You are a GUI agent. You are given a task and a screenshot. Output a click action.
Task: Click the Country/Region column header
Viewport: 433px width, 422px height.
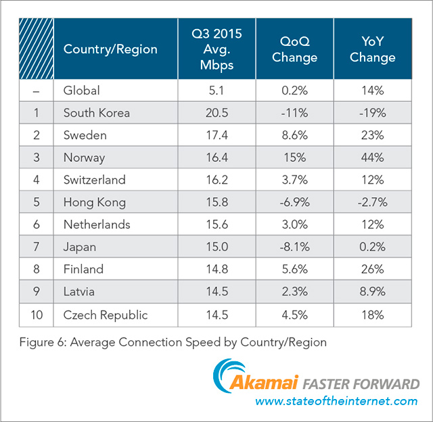tap(110, 49)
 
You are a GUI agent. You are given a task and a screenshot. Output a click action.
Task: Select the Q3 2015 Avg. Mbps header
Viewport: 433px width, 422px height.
tap(217, 49)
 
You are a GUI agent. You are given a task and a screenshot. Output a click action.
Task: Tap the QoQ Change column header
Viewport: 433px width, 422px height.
tap(294, 49)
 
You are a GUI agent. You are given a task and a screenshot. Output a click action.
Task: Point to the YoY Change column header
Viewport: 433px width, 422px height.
tap(372, 49)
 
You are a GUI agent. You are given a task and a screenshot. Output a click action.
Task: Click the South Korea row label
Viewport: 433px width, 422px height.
tap(96, 113)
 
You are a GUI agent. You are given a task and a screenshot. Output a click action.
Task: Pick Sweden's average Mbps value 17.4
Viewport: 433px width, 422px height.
tap(217, 135)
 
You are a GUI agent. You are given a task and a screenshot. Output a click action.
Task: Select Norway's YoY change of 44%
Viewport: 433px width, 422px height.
tap(372, 157)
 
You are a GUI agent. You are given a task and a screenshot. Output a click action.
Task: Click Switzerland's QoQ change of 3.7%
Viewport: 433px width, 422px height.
tap(294, 180)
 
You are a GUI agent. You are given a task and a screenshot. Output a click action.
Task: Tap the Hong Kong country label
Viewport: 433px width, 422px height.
tap(93, 202)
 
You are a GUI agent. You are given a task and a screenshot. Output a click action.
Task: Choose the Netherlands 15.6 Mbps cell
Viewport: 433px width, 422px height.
tap(217, 224)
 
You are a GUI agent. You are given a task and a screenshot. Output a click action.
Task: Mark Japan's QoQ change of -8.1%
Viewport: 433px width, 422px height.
tap(294, 246)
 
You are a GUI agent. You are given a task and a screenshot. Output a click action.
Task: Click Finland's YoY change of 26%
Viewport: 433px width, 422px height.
tap(372, 269)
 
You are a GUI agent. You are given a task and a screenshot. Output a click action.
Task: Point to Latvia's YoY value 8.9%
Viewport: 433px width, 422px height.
tap(372, 291)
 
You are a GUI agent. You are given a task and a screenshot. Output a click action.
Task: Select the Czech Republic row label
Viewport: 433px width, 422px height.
tap(105, 315)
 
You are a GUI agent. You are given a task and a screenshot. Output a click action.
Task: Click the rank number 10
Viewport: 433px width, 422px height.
tap(36, 315)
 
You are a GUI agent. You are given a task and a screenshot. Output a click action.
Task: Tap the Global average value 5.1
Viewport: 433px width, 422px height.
tap(217, 90)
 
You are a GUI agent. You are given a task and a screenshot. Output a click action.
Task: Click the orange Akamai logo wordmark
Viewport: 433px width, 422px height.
tap(269, 384)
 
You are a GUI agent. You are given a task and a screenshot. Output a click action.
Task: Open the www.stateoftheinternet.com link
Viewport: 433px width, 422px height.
tap(336, 402)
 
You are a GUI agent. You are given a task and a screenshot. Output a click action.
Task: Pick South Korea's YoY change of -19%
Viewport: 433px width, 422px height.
tap(372, 113)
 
